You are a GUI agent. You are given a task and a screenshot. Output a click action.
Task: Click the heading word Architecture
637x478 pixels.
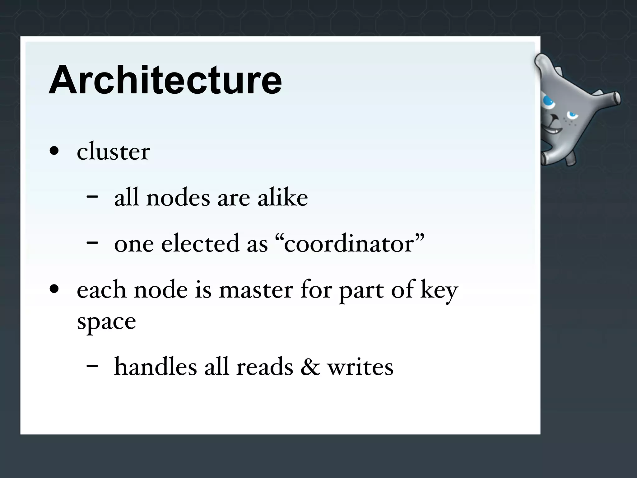(x=165, y=80)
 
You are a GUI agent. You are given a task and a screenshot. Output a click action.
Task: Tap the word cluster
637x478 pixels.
(x=114, y=152)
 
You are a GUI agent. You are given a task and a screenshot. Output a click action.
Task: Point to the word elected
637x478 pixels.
(x=214, y=243)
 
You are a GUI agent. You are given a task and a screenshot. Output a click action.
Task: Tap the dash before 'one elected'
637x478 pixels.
(x=92, y=242)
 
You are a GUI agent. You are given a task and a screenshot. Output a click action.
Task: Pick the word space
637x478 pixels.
(x=106, y=321)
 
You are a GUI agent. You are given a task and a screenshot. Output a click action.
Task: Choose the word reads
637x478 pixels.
(x=265, y=367)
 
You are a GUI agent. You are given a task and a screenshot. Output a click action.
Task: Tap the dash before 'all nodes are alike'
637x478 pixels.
(x=92, y=196)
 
